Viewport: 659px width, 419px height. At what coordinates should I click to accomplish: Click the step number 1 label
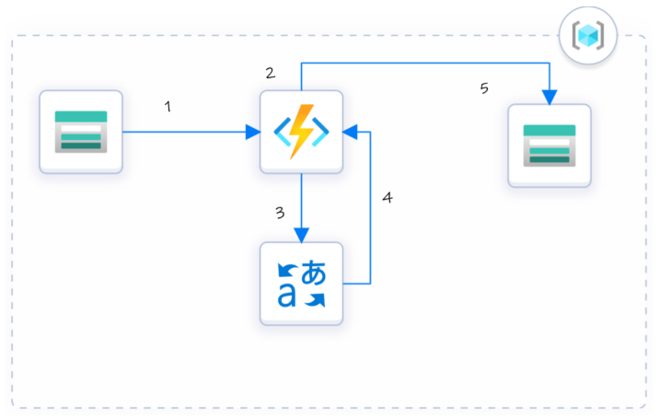[168, 107]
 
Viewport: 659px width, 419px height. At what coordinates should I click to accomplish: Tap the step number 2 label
[270, 73]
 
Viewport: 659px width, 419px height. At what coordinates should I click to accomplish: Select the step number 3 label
[280, 213]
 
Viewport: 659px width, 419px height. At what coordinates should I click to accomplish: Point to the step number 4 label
[387, 198]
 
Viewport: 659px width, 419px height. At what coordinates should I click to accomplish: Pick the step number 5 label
[484, 88]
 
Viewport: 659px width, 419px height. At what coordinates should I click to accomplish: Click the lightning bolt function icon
[301, 132]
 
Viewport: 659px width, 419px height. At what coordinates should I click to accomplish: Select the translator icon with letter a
[301, 284]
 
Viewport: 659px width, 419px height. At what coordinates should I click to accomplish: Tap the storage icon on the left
[81, 132]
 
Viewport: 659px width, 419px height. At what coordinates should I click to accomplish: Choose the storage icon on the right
[549, 145]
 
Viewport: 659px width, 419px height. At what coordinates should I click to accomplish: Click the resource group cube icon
[588, 36]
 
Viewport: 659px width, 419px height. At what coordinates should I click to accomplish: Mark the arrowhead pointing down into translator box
[301, 236]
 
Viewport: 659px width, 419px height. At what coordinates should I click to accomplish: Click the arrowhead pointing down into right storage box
[549, 97]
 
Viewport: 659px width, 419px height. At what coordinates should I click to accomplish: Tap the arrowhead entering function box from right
[350, 132]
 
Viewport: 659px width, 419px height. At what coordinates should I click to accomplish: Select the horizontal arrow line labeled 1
[184, 132]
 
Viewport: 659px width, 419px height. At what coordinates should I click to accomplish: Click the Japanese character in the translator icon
[314, 273]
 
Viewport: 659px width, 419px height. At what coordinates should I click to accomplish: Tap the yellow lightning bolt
[301, 132]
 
